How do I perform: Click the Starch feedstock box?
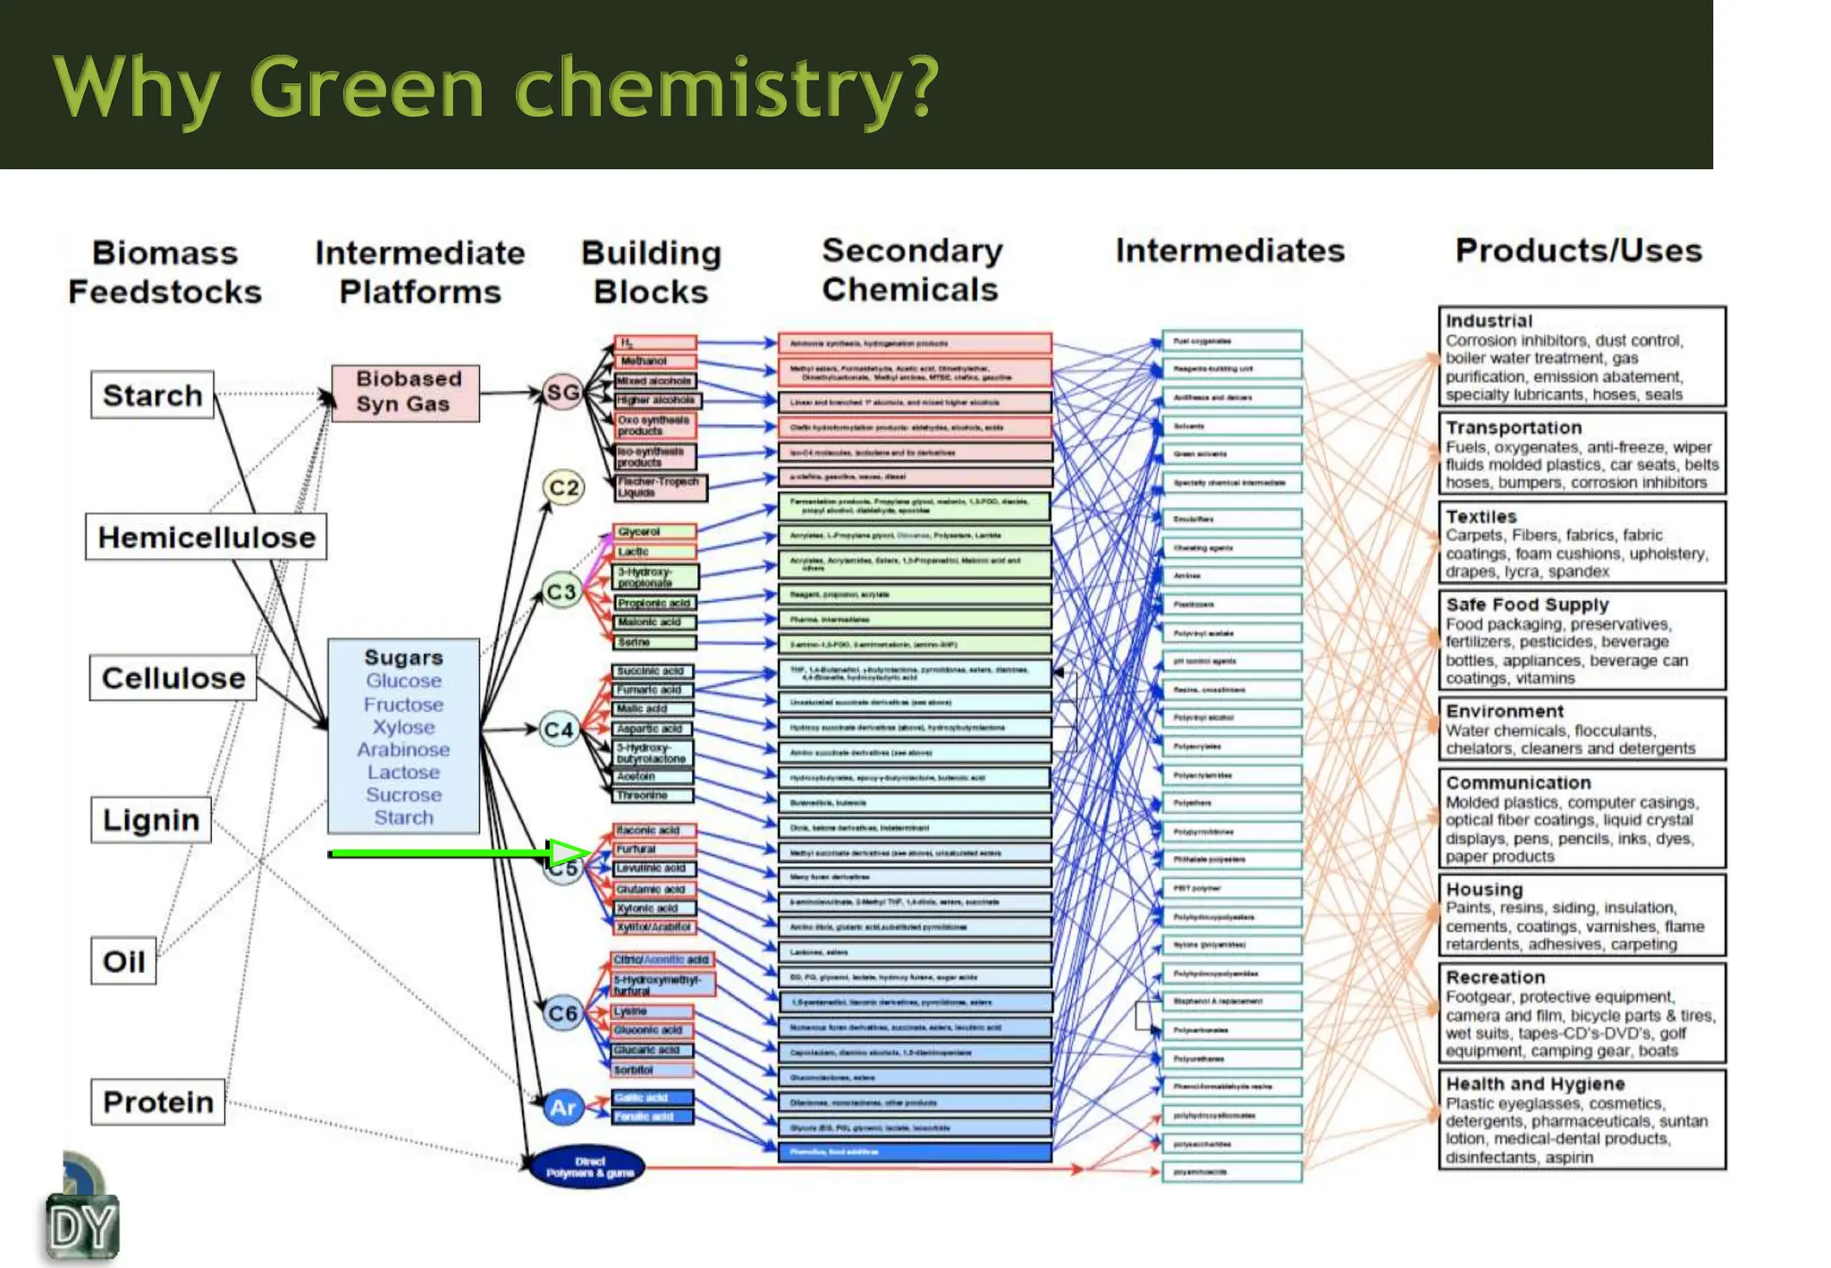click(152, 395)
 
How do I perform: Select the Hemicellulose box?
click(206, 537)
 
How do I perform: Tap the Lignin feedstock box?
click(150, 820)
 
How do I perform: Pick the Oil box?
click(123, 961)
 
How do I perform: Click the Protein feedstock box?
click(157, 1102)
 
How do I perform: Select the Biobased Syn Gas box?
click(405, 393)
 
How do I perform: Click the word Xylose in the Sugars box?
click(403, 727)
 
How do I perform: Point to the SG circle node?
click(563, 393)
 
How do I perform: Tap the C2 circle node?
click(563, 487)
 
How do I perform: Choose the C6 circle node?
click(562, 1013)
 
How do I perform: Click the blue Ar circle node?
click(562, 1108)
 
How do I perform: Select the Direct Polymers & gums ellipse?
click(587, 1167)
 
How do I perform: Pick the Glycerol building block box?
click(654, 532)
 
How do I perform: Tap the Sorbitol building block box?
click(652, 1070)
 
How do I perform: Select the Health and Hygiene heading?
click(1534, 1084)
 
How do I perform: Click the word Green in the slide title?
click(367, 88)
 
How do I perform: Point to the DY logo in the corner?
click(82, 1226)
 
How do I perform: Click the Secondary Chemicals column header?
click(911, 270)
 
